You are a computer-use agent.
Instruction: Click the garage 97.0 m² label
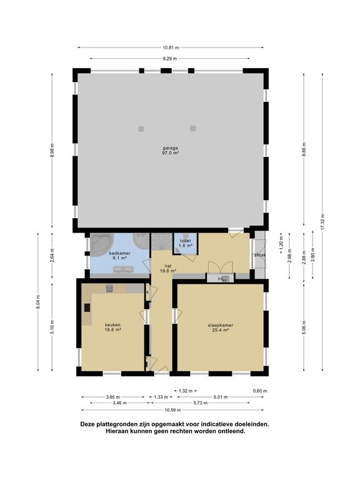[171, 150]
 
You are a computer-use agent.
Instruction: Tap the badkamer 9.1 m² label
[120, 256]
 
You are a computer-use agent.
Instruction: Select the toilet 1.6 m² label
[186, 243]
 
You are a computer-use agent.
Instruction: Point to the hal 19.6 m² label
[167, 268]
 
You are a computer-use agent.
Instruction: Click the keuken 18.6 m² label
[112, 327]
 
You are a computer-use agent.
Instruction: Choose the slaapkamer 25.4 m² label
[221, 327]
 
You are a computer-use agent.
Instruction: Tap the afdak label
[259, 255]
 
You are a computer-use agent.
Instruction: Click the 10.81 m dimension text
[171, 47]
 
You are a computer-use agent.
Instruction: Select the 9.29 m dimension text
[170, 59]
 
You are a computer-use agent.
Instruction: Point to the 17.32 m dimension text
[322, 222]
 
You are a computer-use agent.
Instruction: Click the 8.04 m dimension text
[38, 302]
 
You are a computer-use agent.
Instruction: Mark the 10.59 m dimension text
[172, 410]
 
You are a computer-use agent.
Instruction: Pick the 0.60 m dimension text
[260, 391]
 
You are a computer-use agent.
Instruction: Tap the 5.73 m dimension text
[200, 403]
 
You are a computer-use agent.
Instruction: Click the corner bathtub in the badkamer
[102, 245]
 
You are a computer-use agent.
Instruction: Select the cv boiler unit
[221, 278]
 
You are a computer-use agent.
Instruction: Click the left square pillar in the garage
[141, 129]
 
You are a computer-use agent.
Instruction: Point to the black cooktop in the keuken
[87, 307]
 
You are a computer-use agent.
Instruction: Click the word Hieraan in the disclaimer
[117, 431]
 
